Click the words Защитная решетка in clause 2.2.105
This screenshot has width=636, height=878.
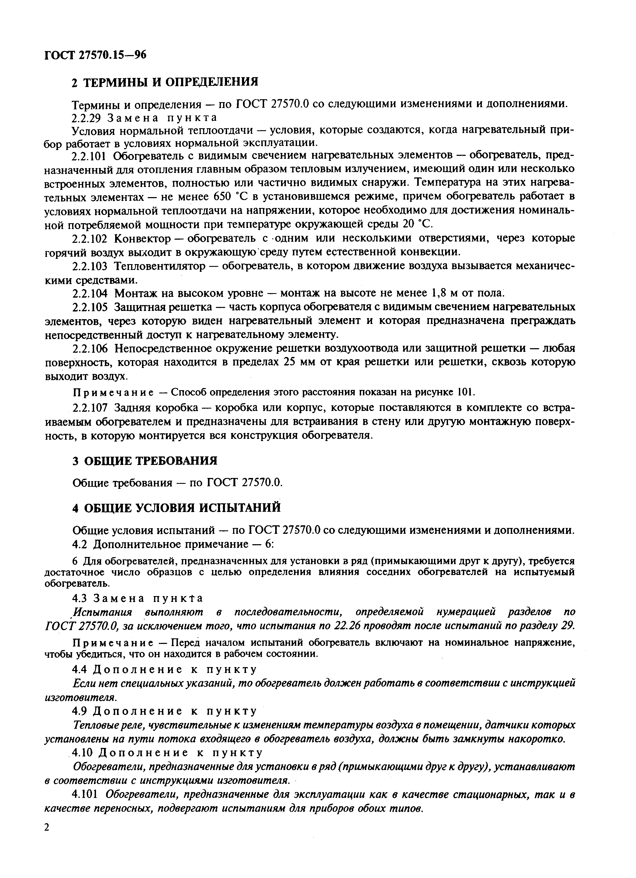point(162,307)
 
